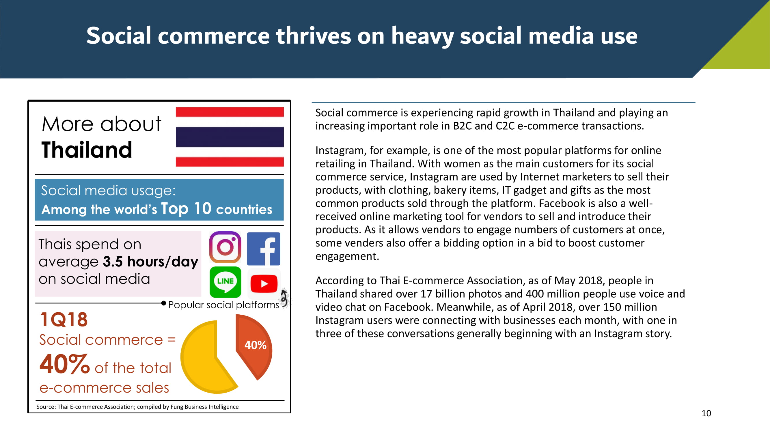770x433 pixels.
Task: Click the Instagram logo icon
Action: coord(225,247)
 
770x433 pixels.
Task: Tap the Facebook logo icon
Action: coord(264,249)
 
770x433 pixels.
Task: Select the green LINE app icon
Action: coord(225,282)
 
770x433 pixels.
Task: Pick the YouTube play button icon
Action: coord(264,283)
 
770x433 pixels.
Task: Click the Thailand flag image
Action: coord(230,137)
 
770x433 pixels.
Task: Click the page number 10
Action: coord(706,413)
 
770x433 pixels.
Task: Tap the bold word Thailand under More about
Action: coord(87,150)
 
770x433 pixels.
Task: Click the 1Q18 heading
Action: coord(64,320)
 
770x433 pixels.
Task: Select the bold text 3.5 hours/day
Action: coord(151,262)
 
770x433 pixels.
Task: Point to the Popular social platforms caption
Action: coord(223,305)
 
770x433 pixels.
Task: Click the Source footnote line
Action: coord(137,407)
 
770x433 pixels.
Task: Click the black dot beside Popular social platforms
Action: coord(163,303)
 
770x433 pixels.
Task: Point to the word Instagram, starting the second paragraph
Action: coord(341,151)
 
